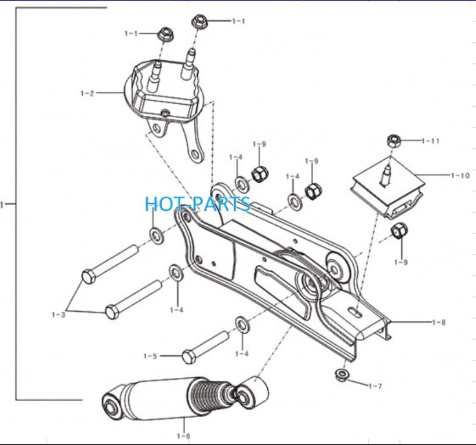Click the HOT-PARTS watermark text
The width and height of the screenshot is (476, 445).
pyautogui.click(x=198, y=203)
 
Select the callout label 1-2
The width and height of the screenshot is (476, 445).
pyautogui.click(x=87, y=93)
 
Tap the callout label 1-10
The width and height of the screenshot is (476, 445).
pyautogui.click(x=460, y=176)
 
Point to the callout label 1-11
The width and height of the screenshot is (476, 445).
pyautogui.click(x=430, y=141)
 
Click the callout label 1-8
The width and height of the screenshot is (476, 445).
pyautogui.click(x=439, y=322)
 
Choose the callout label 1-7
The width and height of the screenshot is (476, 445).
pyautogui.click(x=375, y=386)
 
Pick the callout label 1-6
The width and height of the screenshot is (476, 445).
pyautogui.click(x=183, y=436)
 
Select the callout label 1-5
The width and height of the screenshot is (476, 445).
pyautogui.click(x=150, y=356)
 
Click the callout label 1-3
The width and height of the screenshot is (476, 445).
pyautogui.click(x=59, y=315)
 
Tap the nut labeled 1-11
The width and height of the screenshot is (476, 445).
pyautogui.click(x=394, y=141)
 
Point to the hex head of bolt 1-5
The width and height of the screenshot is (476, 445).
pyautogui.click(x=188, y=357)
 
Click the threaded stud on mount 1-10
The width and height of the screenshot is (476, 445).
pyautogui.click(x=385, y=175)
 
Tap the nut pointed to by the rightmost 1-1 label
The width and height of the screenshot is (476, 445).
pyautogui.click(x=199, y=21)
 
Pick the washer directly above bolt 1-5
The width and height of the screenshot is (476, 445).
pyautogui.click(x=242, y=325)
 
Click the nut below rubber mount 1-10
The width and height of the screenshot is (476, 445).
pyautogui.click(x=399, y=231)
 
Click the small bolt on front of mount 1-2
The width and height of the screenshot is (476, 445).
pyautogui.click(x=165, y=114)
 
